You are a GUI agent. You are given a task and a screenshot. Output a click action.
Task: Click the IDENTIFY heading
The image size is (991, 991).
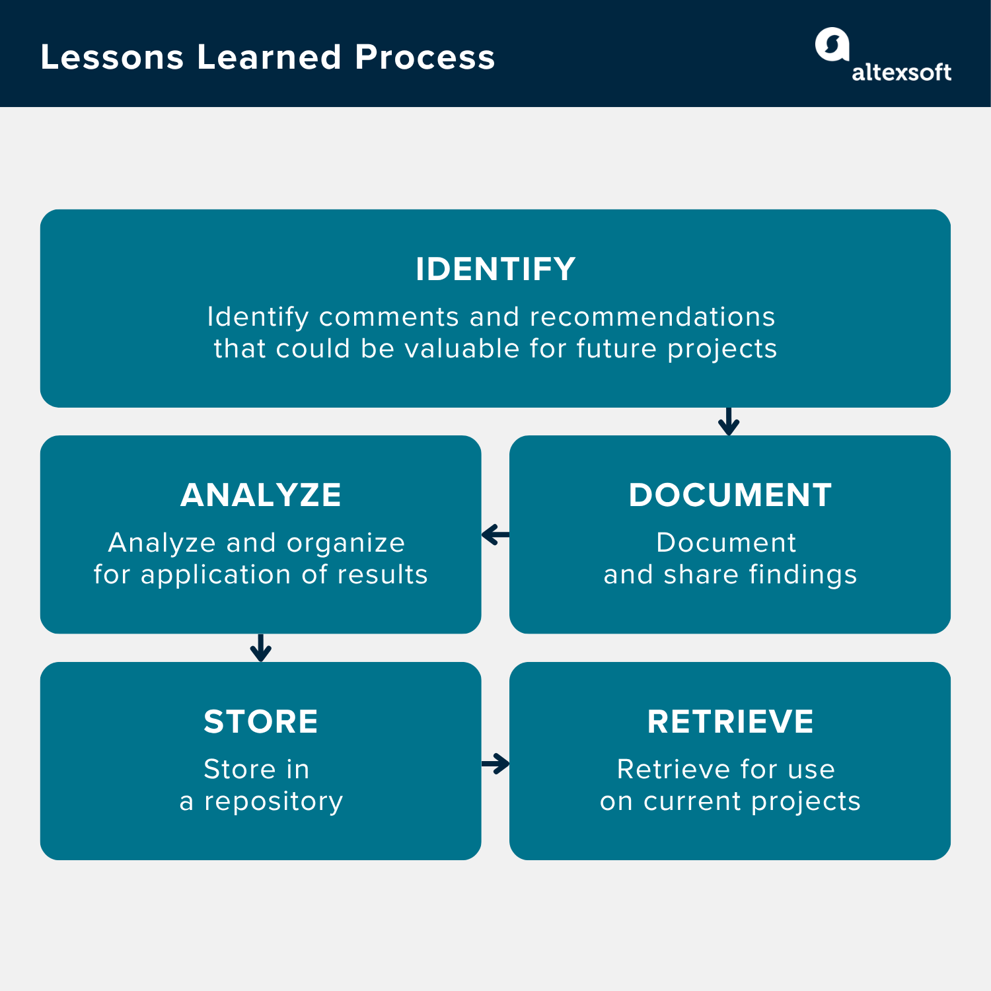tap(495, 270)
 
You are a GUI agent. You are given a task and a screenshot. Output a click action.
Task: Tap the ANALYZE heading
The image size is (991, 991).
tap(261, 495)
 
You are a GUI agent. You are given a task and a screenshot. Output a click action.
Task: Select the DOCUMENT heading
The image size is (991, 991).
tap(730, 495)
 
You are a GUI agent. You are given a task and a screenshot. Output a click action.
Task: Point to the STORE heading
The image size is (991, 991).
tap(261, 721)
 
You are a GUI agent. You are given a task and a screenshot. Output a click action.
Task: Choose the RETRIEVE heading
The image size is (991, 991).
tap(730, 721)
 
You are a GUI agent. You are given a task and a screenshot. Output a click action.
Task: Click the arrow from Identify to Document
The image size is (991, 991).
tap(728, 422)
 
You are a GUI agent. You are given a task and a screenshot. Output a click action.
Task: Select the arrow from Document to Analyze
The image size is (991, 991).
tap(495, 534)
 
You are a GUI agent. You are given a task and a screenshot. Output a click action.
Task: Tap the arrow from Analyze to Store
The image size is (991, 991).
tap(261, 648)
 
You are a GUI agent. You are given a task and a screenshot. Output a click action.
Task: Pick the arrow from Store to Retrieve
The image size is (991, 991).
tap(495, 764)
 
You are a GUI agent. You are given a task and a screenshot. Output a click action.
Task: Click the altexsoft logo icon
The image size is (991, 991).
tap(832, 45)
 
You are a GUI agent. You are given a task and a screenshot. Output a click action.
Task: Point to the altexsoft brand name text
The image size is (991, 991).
tap(901, 72)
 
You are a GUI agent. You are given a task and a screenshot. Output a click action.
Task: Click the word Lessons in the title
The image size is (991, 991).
tap(112, 57)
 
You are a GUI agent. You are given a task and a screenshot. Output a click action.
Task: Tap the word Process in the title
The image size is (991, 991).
tap(425, 57)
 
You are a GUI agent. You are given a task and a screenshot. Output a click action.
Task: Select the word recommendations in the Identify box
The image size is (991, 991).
tap(652, 317)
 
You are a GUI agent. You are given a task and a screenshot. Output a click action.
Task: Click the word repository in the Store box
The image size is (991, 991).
tap(274, 802)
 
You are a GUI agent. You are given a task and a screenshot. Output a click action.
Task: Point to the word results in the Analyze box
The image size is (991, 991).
tap(383, 575)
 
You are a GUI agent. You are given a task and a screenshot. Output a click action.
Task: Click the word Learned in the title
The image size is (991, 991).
tap(269, 57)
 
